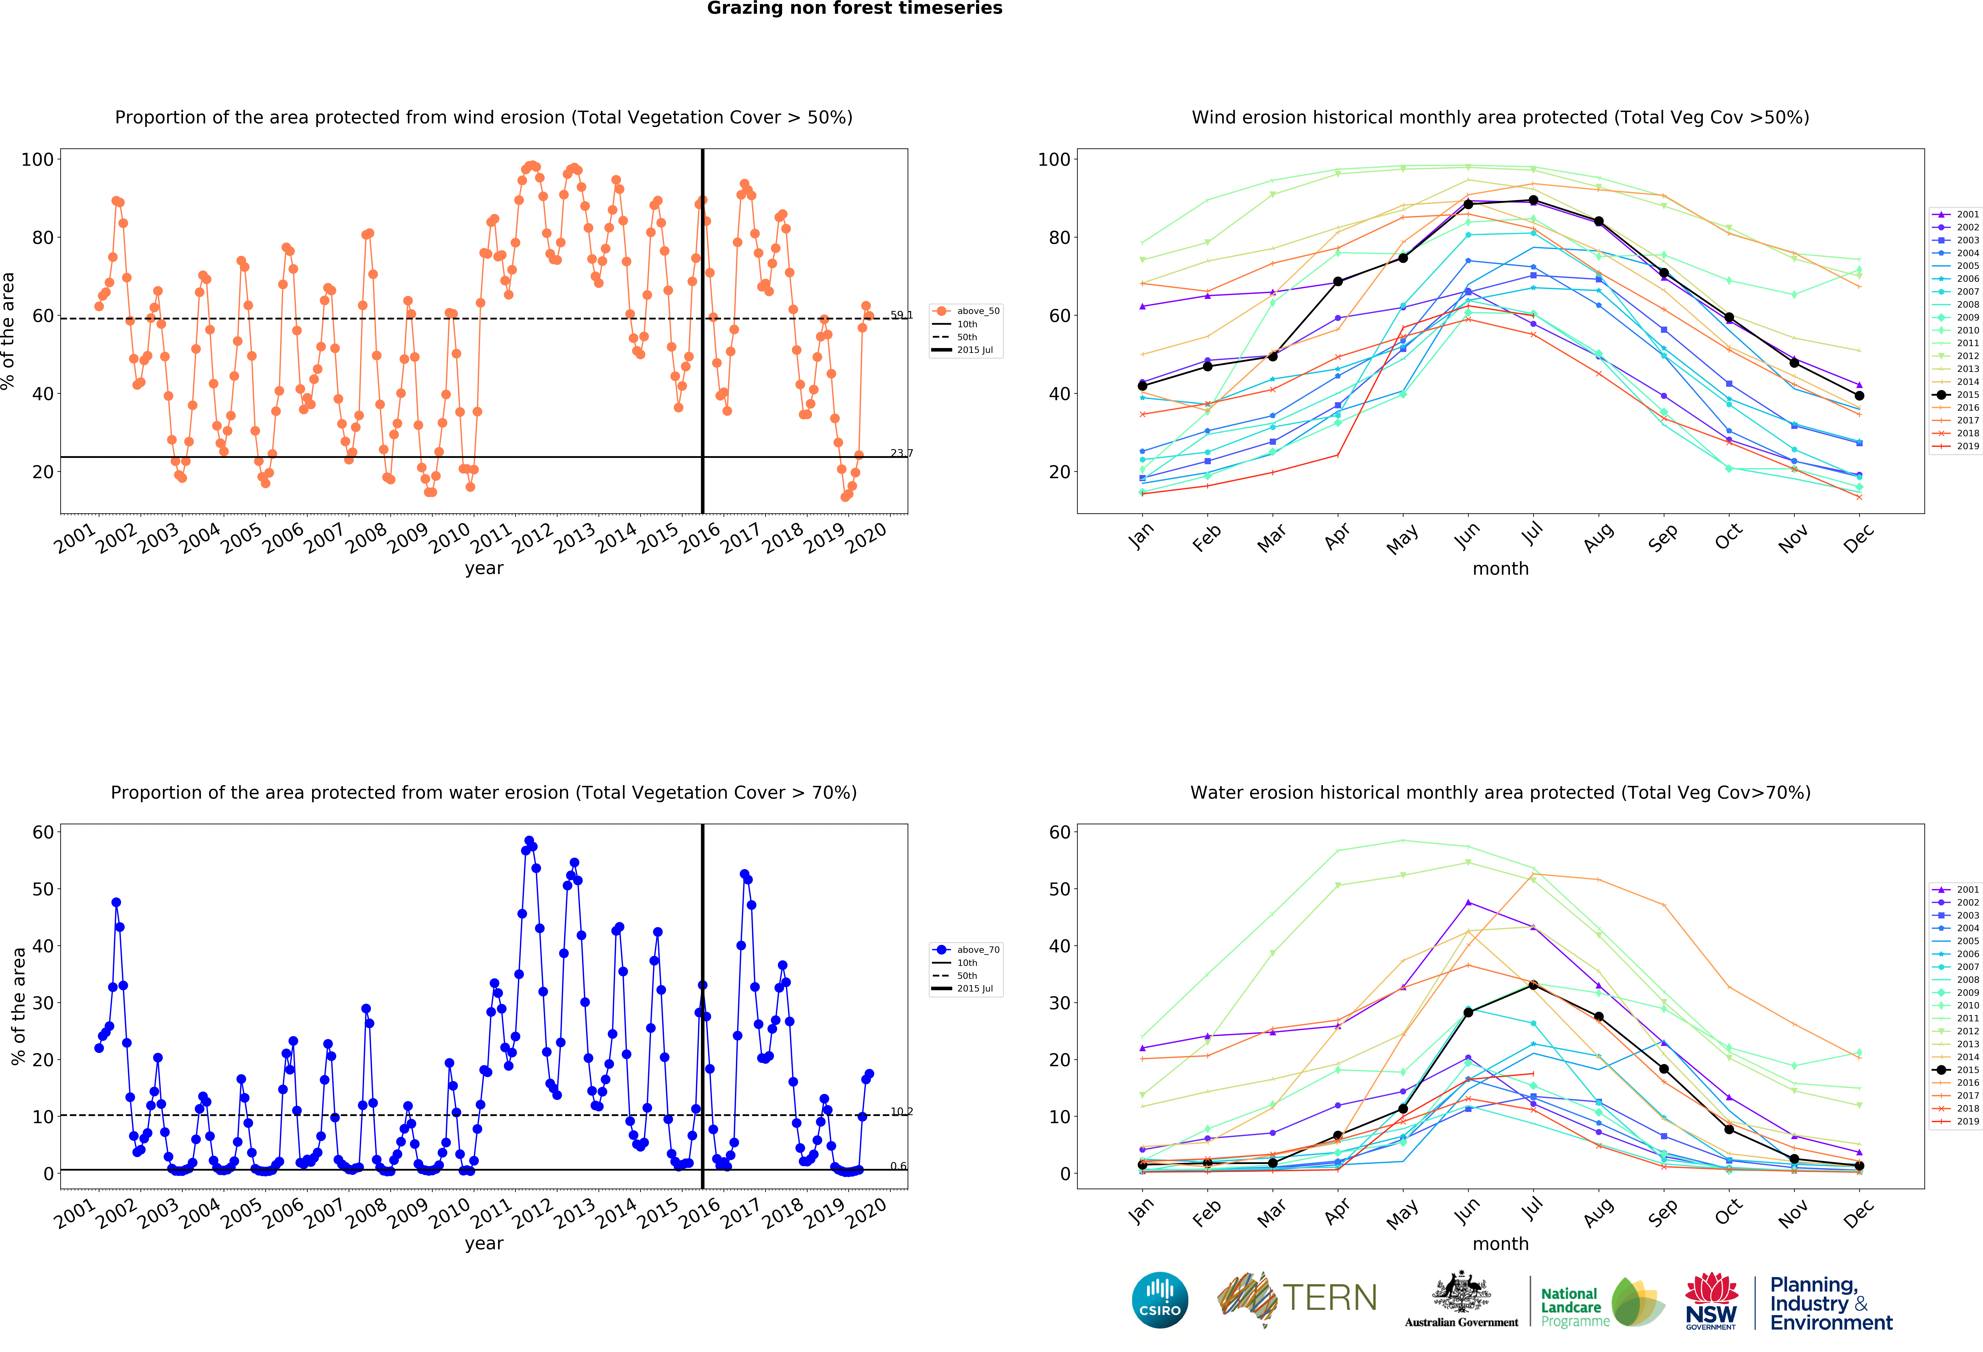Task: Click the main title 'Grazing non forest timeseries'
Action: click(x=854, y=8)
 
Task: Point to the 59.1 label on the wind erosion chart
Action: click(x=901, y=315)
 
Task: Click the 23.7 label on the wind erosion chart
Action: click(x=901, y=453)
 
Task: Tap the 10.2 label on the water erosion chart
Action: click(x=901, y=1111)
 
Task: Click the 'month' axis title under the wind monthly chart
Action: click(x=1500, y=568)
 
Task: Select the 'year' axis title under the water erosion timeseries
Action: click(x=484, y=1244)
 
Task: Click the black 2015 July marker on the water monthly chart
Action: click(x=1533, y=985)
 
